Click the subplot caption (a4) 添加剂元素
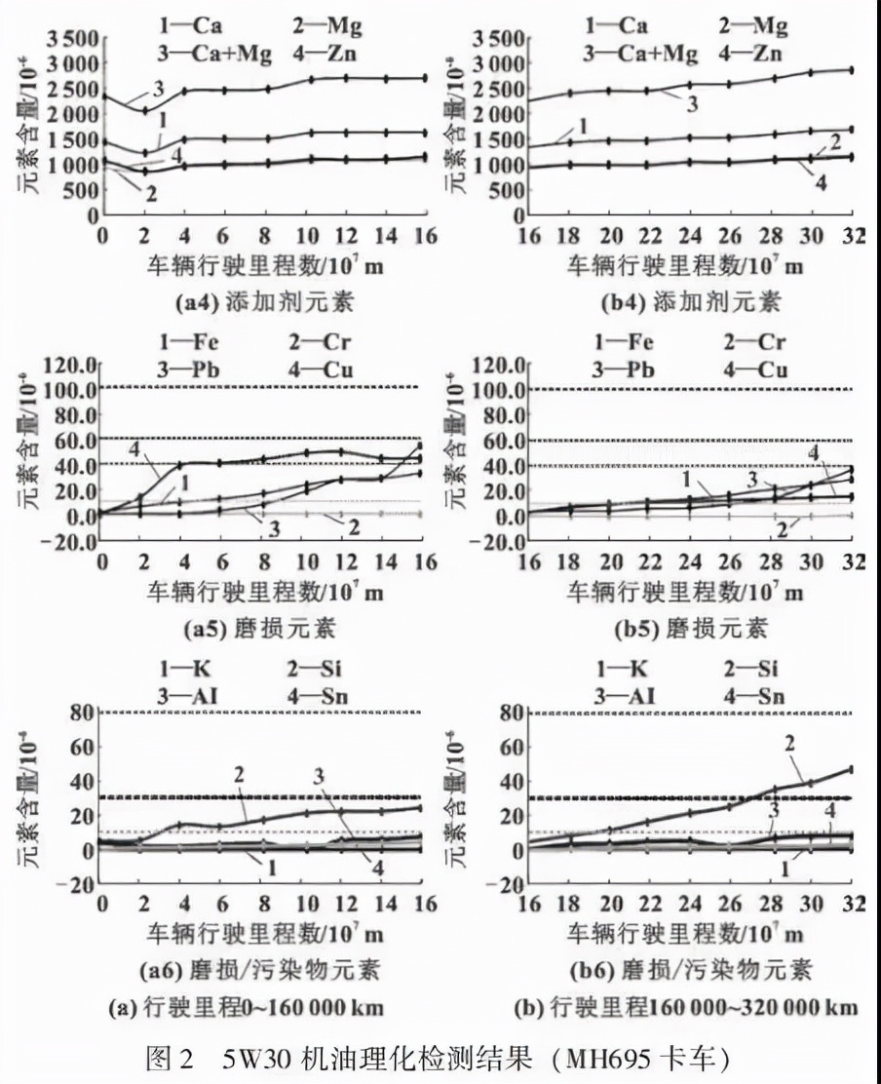tap(263, 302)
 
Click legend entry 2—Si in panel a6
tap(314, 670)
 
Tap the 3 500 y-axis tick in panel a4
tap(57, 38)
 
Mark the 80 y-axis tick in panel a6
tap(80, 713)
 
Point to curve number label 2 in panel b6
tap(790, 743)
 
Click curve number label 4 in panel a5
tap(134, 448)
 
